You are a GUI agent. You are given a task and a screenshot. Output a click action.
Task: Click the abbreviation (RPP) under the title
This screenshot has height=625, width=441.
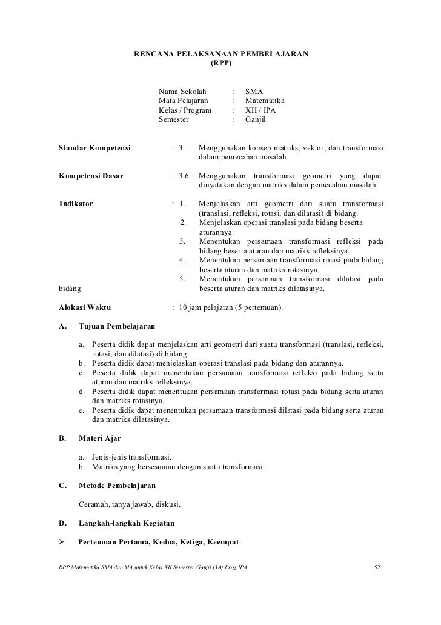pos(220,63)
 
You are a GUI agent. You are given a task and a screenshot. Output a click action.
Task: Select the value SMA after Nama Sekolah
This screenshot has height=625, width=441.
pos(254,90)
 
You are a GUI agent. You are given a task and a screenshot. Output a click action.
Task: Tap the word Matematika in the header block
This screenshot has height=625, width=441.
pos(265,100)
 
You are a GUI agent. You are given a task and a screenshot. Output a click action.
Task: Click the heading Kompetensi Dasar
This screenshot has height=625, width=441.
pos(91,176)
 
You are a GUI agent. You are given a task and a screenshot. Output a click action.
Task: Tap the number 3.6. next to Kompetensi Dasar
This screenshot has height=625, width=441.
pos(184,176)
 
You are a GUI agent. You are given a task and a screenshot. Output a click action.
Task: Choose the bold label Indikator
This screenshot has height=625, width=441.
pos(76,203)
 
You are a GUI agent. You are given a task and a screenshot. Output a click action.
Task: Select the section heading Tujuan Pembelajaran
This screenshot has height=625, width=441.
pos(117,327)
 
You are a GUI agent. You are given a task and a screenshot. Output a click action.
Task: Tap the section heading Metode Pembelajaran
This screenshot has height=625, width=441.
pos(117,486)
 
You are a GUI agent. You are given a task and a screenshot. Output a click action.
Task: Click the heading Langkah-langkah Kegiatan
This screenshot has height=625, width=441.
pos(127,523)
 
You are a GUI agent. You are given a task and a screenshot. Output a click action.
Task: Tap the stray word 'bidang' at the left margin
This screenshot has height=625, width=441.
pos(71,289)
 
